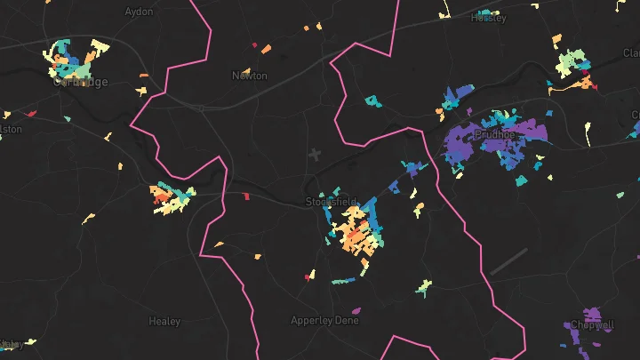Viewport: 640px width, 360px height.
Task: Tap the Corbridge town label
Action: coord(80,82)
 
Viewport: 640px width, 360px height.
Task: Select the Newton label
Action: coord(249,76)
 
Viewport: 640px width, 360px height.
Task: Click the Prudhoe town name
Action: coord(501,134)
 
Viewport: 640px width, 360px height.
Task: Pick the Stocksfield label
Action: coord(331,202)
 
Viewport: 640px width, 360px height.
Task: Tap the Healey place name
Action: coord(164,321)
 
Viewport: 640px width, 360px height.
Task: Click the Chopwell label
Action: coord(591,324)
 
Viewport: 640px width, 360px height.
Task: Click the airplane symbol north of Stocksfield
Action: coord(314,155)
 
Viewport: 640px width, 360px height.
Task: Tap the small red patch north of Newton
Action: coord(254,44)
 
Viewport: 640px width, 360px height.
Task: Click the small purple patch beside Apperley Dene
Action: coord(356,310)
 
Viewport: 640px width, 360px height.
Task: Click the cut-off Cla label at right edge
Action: coord(631,53)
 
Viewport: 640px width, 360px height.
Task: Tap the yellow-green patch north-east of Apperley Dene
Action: coord(423,287)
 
